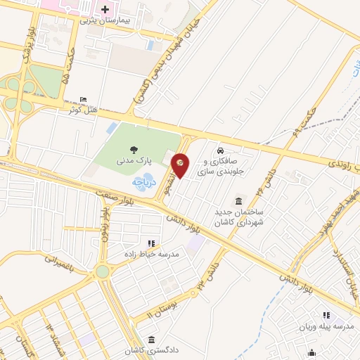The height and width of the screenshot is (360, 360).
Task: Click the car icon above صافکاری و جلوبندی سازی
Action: point(221,150)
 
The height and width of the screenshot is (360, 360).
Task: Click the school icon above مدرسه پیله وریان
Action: point(326,316)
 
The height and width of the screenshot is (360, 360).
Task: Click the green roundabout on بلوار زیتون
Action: point(103,271)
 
